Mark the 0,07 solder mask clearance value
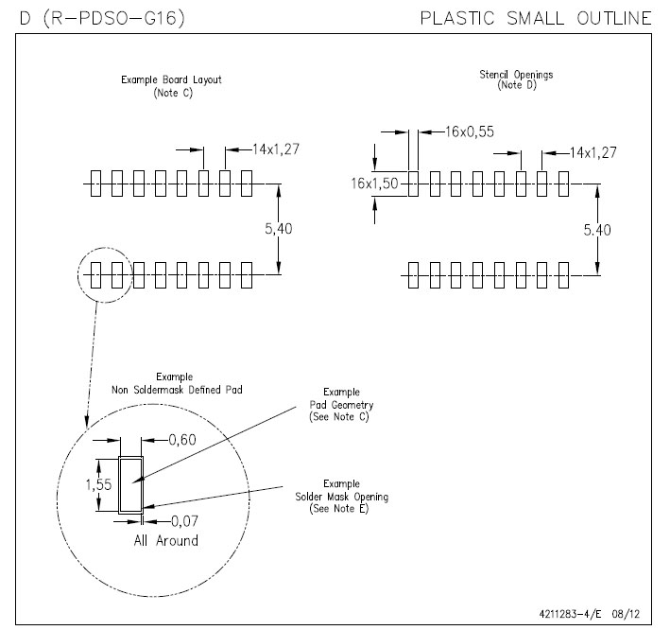click(x=183, y=520)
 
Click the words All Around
click(x=165, y=540)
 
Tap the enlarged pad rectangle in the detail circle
click(x=130, y=483)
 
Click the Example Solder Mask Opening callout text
click(x=341, y=496)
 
